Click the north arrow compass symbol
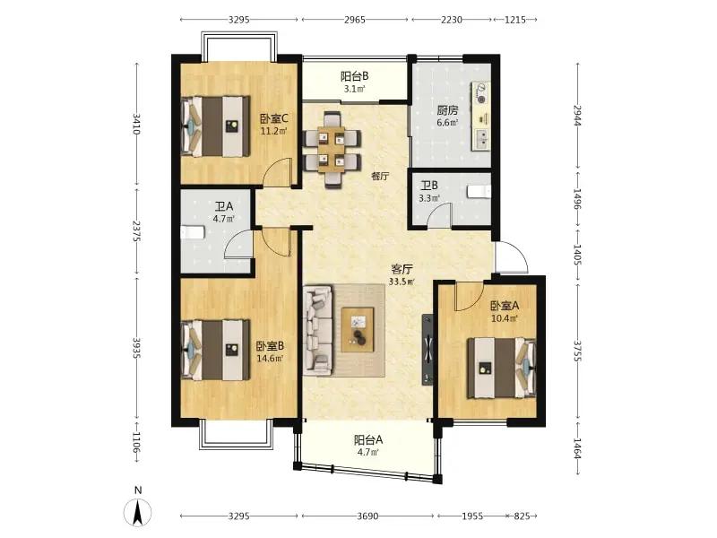[x=138, y=512]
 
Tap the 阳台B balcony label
[x=354, y=76]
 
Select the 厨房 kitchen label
[x=447, y=110]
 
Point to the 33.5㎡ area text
[x=402, y=282]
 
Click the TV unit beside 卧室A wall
[x=428, y=349]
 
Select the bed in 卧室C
[x=216, y=126]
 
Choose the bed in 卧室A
[x=501, y=368]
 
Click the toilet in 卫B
[x=479, y=191]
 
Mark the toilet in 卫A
[x=192, y=232]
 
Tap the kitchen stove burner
[x=480, y=93]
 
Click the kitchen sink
[x=481, y=139]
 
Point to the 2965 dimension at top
[x=354, y=20]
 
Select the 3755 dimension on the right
[x=577, y=351]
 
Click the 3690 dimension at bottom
[x=367, y=516]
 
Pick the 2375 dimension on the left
[x=136, y=231]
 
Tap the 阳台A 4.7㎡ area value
[x=368, y=453]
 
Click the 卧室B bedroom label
[x=270, y=346]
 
